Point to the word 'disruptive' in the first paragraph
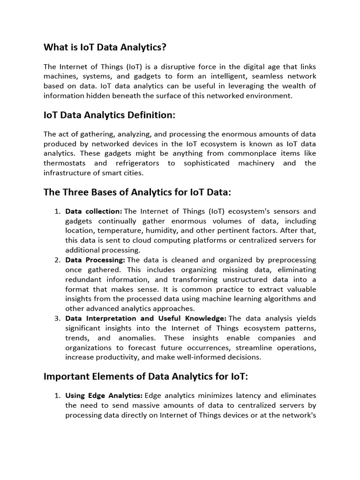tap(147, 67)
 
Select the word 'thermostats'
tap(65, 163)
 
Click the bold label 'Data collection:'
tap(94, 211)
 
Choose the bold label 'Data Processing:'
tap(95, 260)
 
